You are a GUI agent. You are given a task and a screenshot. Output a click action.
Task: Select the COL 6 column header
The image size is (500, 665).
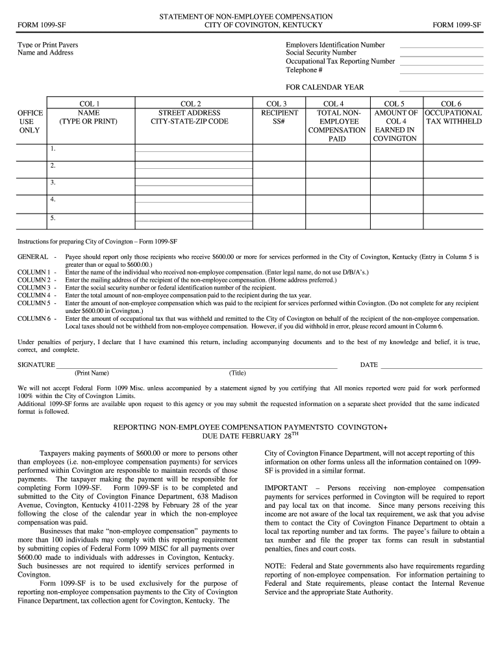pyautogui.click(x=451, y=103)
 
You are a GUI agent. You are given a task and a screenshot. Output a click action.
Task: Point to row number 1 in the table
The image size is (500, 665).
pyautogui.click(x=52, y=149)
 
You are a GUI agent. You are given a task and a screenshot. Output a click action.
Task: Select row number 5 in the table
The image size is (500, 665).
pyautogui.click(x=52, y=218)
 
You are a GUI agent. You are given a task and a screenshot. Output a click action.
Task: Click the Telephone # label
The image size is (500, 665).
pyautogui.click(x=304, y=70)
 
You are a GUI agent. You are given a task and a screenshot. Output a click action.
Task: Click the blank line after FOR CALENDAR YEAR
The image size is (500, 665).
pyautogui.click(x=441, y=90)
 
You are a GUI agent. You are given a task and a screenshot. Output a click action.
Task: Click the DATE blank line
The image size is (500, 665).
pyautogui.click(x=431, y=367)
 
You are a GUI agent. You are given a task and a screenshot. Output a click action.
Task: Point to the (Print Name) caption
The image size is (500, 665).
pyautogui.click(x=92, y=373)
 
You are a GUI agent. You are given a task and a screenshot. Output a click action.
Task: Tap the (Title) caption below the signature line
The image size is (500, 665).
pyautogui.click(x=237, y=373)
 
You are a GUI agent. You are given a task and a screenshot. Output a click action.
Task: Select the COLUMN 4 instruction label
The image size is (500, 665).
pyautogui.click(x=34, y=295)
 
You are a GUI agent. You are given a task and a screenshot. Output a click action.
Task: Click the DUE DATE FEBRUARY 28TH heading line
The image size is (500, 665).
pyautogui.click(x=250, y=436)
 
